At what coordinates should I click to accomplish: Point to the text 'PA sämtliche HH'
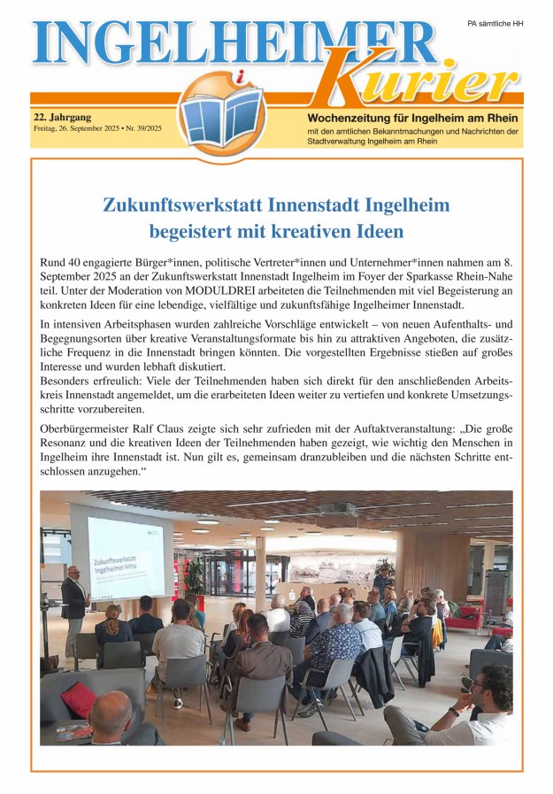tap(495, 23)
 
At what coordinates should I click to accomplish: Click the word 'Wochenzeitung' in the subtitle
tap(350, 119)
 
